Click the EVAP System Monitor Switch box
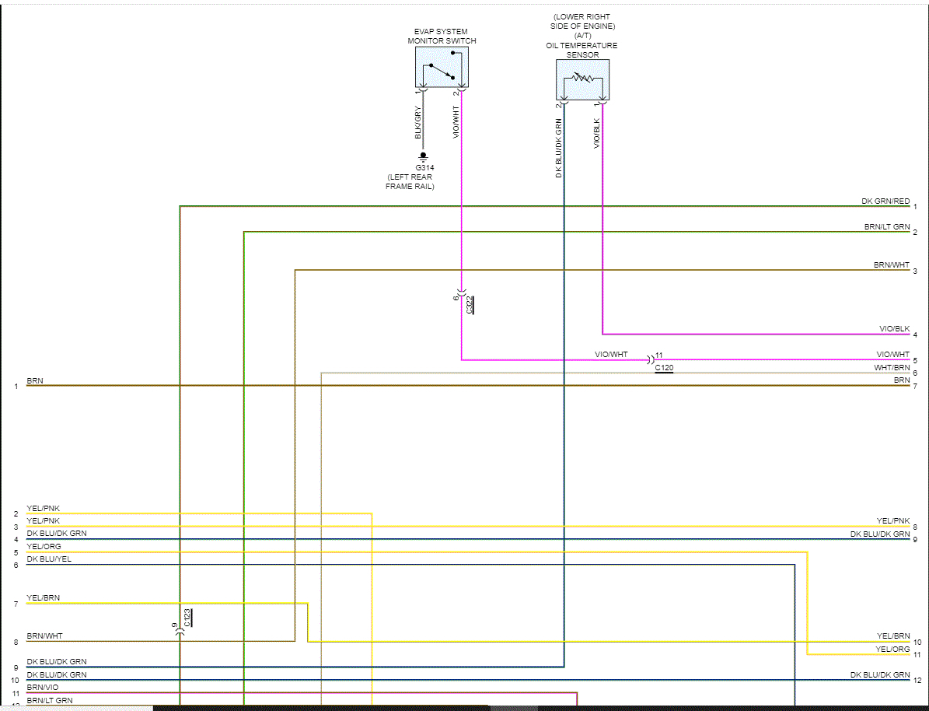pyautogui.click(x=441, y=67)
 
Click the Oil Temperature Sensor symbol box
pyautogui.click(x=582, y=79)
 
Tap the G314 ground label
pyautogui.click(x=424, y=167)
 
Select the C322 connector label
pyautogui.click(x=470, y=304)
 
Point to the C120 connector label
pyautogui.click(x=664, y=366)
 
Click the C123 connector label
pyautogui.click(x=187, y=618)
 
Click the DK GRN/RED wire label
pyautogui.click(x=885, y=201)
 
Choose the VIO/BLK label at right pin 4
pyautogui.click(x=894, y=329)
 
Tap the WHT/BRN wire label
pyautogui.click(x=892, y=367)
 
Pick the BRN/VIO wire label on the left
pyautogui.click(x=42, y=688)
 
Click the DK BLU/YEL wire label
pyautogui.click(x=48, y=559)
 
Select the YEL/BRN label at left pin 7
pyautogui.click(x=43, y=597)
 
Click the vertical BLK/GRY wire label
pyautogui.click(x=417, y=123)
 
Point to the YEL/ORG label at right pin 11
pyautogui.click(x=892, y=649)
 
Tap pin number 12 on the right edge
pyautogui.click(x=917, y=680)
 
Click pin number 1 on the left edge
pyautogui.click(x=16, y=386)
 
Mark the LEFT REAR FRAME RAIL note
pyautogui.click(x=410, y=182)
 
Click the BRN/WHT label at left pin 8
pyautogui.click(x=44, y=636)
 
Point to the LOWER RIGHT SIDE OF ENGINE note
pyautogui.click(x=582, y=22)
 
